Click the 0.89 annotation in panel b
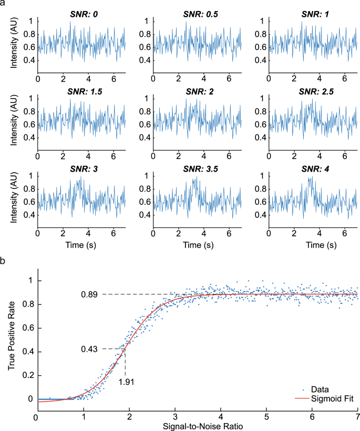tap(90, 294)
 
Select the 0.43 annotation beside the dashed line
tap(90, 349)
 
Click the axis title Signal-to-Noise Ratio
tap(196, 425)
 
